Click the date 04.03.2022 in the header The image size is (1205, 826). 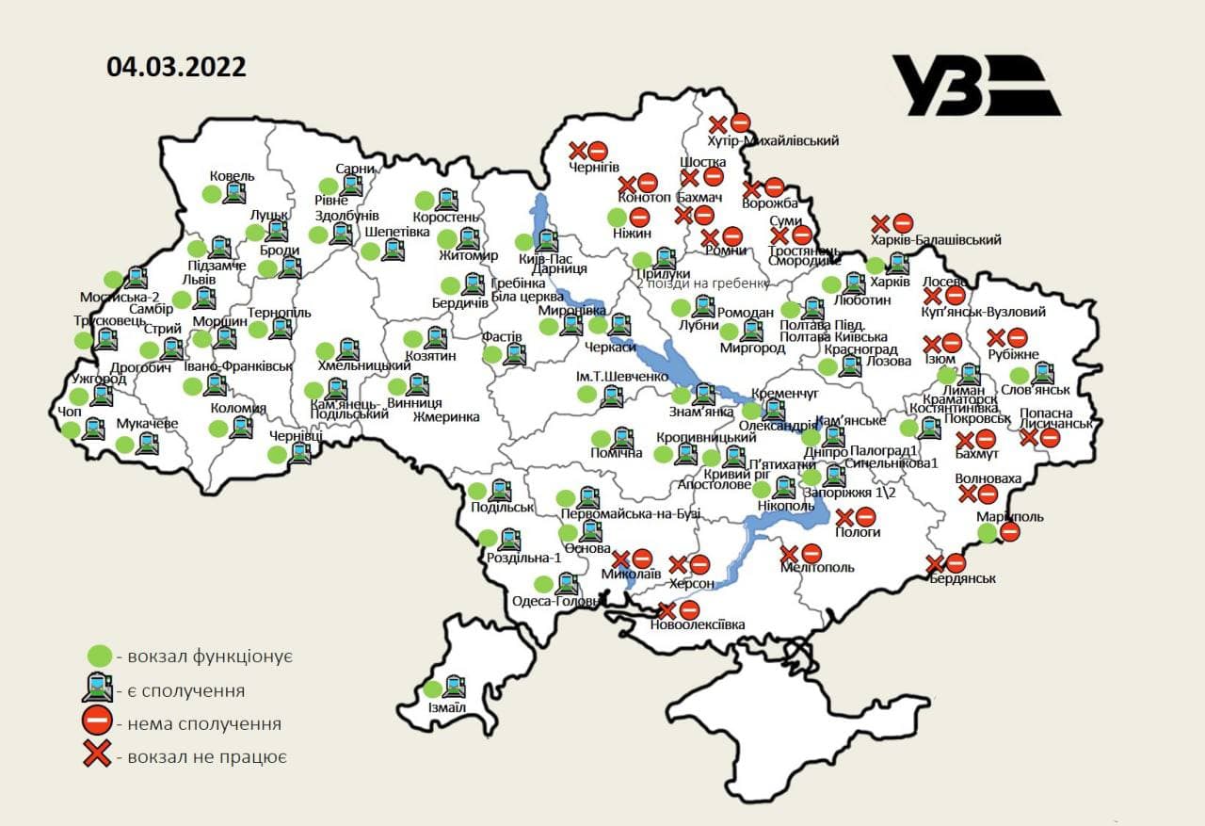click(176, 67)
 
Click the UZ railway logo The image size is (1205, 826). click(975, 85)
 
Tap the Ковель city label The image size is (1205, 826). click(232, 175)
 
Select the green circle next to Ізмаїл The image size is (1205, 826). click(433, 688)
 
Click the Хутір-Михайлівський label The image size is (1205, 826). click(772, 140)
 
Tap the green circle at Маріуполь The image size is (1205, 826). click(987, 533)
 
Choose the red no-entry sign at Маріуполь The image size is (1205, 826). click(1009, 532)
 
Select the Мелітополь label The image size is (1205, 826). click(817, 567)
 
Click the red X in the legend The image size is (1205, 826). click(98, 755)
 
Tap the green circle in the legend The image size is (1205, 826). click(98, 656)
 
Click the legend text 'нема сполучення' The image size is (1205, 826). click(203, 723)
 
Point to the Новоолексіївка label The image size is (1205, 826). click(697, 624)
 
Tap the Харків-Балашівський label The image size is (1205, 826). click(935, 239)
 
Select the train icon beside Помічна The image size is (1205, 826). click(621, 438)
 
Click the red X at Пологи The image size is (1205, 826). click(843, 516)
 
